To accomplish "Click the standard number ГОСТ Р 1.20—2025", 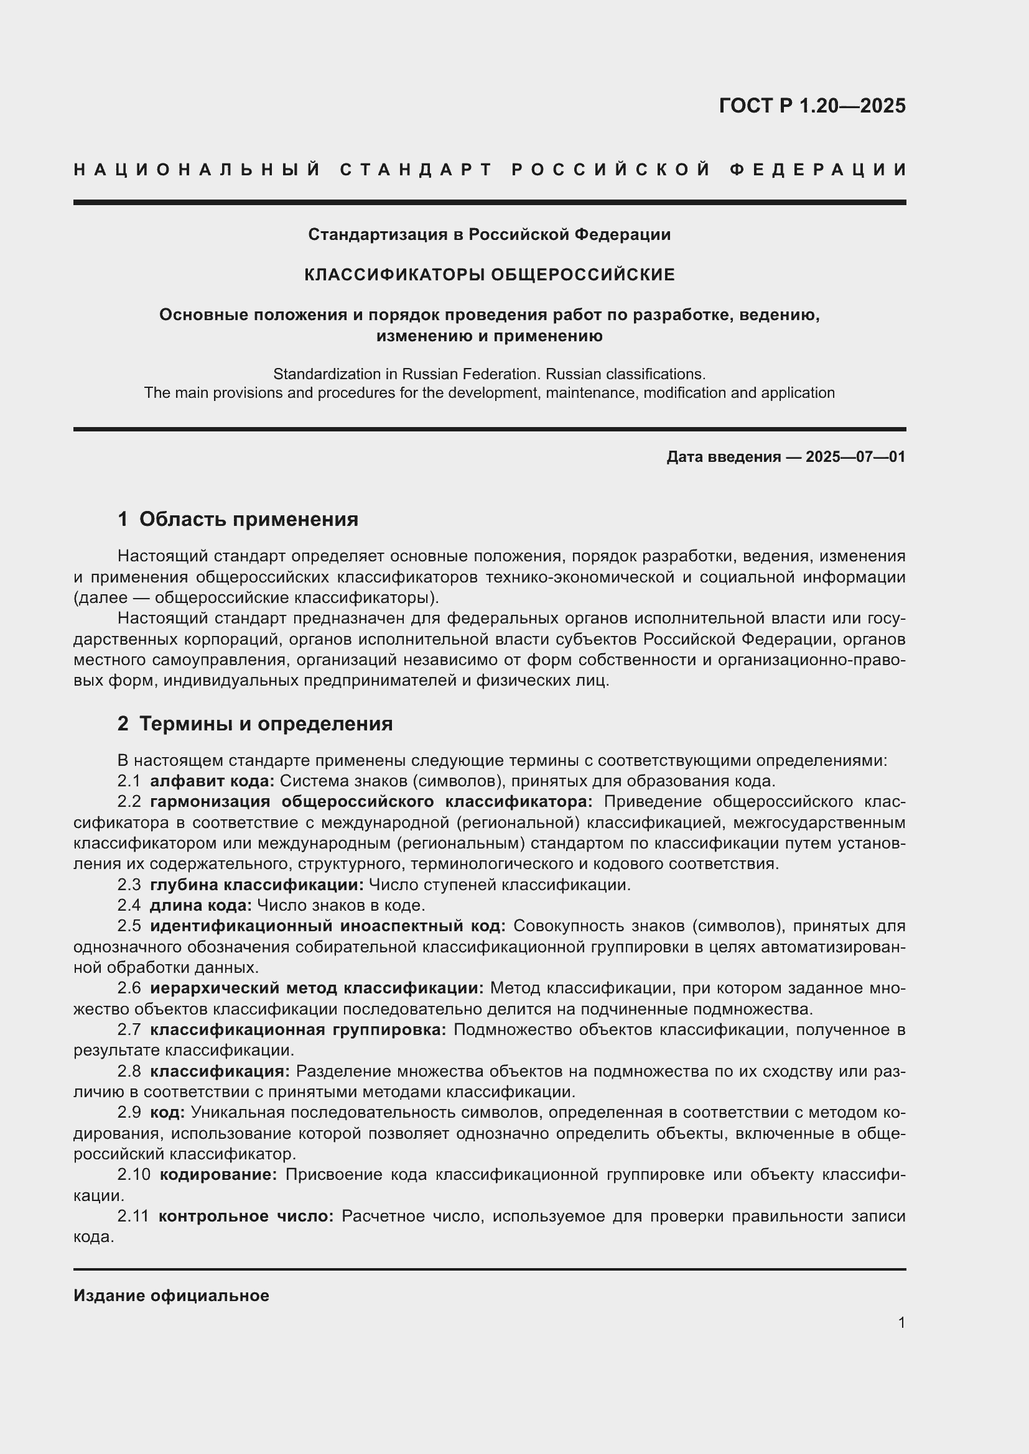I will click(812, 106).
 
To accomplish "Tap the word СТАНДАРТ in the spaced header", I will click(416, 170).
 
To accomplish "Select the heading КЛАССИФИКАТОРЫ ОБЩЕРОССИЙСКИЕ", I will click(489, 275).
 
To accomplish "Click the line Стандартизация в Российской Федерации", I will click(489, 235).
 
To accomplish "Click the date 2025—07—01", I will click(855, 457).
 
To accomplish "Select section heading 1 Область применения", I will click(238, 519).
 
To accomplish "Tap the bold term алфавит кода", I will click(212, 781).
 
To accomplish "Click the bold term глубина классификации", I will click(256, 885).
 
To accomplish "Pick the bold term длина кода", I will click(200, 906).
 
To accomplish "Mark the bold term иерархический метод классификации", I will click(317, 988).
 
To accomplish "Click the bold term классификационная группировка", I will click(298, 1030).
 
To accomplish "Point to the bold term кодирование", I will click(218, 1176).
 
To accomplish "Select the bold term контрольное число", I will click(246, 1217).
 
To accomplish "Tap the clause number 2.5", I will click(129, 926).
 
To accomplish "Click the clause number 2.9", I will click(129, 1113).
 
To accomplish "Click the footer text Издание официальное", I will click(171, 1295).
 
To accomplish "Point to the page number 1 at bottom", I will click(901, 1323).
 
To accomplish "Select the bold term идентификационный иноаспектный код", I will click(327, 926).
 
